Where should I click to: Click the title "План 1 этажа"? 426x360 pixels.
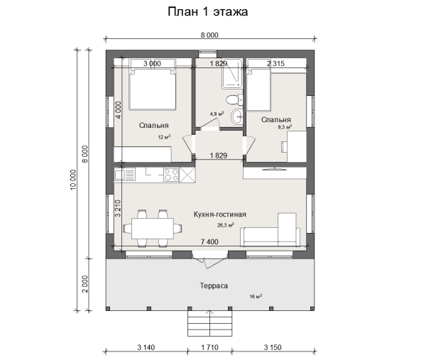pyautogui.click(x=207, y=12)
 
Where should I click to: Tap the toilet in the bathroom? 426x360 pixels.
pyautogui.click(x=234, y=99)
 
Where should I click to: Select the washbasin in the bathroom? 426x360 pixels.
pyautogui.click(x=237, y=117)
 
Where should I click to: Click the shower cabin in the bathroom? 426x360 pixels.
pyautogui.click(x=231, y=74)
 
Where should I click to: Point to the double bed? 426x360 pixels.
pyautogui.click(x=153, y=89)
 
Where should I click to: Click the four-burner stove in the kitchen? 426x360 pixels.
pyautogui.click(x=171, y=175)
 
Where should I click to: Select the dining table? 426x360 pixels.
pyautogui.click(x=153, y=228)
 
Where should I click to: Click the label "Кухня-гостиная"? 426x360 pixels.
pyautogui.click(x=220, y=214)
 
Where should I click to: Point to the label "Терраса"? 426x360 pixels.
pyautogui.click(x=214, y=286)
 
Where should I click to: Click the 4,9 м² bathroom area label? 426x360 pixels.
pyautogui.click(x=217, y=114)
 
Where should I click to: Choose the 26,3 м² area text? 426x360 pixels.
pyautogui.click(x=226, y=225)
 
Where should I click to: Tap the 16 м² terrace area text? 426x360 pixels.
pyautogui.click(x=256, y=296)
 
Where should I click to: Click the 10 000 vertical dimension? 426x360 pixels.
pyautogui.click(x=73, y=180)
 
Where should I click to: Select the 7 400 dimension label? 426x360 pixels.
pyautogui.click(x=209, y=241)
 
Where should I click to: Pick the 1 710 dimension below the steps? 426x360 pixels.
pyautogui.click(x=209, y=347)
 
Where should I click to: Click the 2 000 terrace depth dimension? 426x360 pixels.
pyautogui.click(x=85, y=284)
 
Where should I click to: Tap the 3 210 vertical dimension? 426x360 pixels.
pyautogui.click(x=118, y=208)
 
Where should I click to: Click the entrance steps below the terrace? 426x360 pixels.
pyautogui.click(x=209, y=323)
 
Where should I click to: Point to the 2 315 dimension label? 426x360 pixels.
pyautogui.click(x=275, y=64)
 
